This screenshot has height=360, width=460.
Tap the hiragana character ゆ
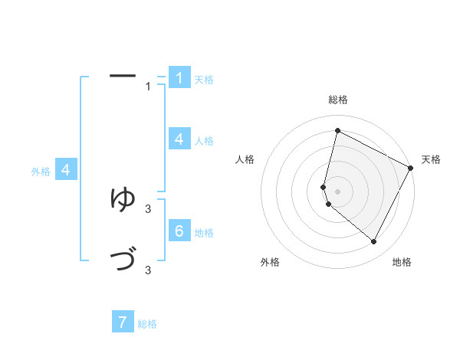[x=123, y=199]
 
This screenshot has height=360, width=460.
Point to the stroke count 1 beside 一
[x=148, y=86]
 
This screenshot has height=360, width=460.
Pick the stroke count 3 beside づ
[x=148, y=270]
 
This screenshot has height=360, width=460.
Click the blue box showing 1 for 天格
[x=179, y=78]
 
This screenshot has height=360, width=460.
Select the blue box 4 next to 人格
[x=179, y=139]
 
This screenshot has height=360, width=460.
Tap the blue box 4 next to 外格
[x=66, y=170]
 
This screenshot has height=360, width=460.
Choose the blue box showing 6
[x=179, y=231]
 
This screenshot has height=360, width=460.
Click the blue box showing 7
[x=123, y=322]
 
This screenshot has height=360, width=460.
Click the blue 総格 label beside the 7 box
[x=147, y=324]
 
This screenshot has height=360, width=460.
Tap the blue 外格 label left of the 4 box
[x=41, y=172]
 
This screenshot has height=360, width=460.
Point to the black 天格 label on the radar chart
[x=431, y=159]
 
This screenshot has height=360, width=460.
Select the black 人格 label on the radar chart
[x=245, y=159]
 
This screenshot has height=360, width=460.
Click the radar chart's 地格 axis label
[x=402, y=262]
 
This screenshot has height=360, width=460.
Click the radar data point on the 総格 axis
[x=337, y=131]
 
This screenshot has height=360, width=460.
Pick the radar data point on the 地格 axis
[x=374, y=242]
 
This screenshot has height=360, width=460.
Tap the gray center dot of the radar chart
[x=337, y=191]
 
